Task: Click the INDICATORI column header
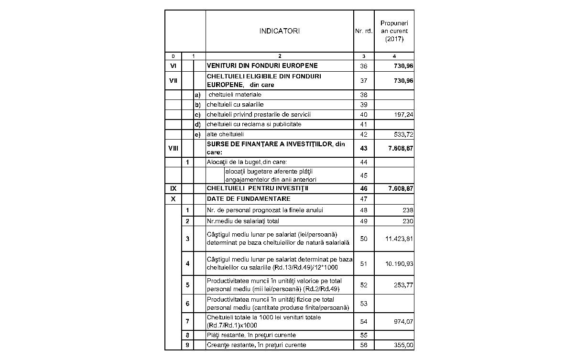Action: [x=280, y=31]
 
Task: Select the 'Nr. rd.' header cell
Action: [x=364, y=32]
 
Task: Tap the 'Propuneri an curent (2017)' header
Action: [x=394, y=31]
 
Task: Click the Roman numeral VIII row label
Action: [x=173, y=148]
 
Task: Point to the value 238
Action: [x=407, y=210]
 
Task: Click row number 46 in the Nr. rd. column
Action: [x=364, y=189]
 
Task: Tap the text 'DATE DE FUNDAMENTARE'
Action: [x=249, y=199]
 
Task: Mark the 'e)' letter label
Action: [x=197, y=134]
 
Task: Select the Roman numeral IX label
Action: [x=173, y=189]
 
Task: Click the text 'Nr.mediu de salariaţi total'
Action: [x=243, y=221]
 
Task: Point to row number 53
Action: [x=364, y=304]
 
